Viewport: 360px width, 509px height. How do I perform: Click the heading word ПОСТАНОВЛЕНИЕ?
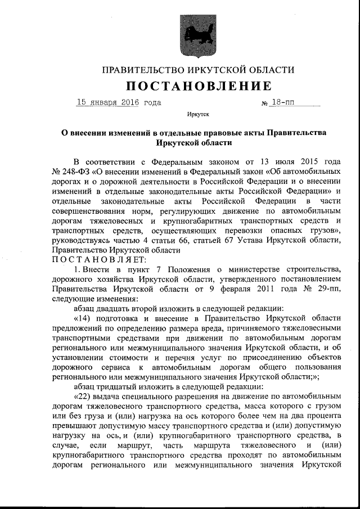click(199, 86)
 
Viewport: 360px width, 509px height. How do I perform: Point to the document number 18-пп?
click(286, 102)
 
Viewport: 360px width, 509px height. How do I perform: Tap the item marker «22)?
click(85, 399)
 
